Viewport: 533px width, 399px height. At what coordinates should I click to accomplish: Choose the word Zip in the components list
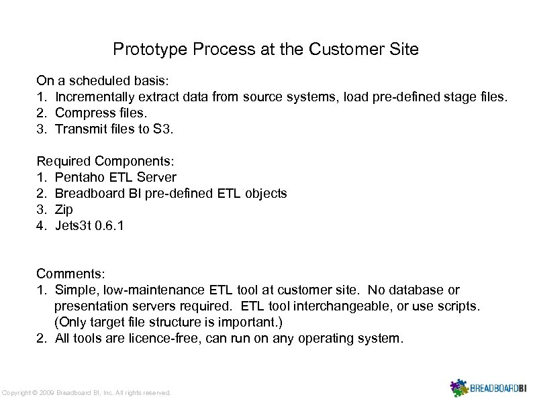[64, 209]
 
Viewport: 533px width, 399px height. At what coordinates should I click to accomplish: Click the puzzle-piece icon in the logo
[458, 387]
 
